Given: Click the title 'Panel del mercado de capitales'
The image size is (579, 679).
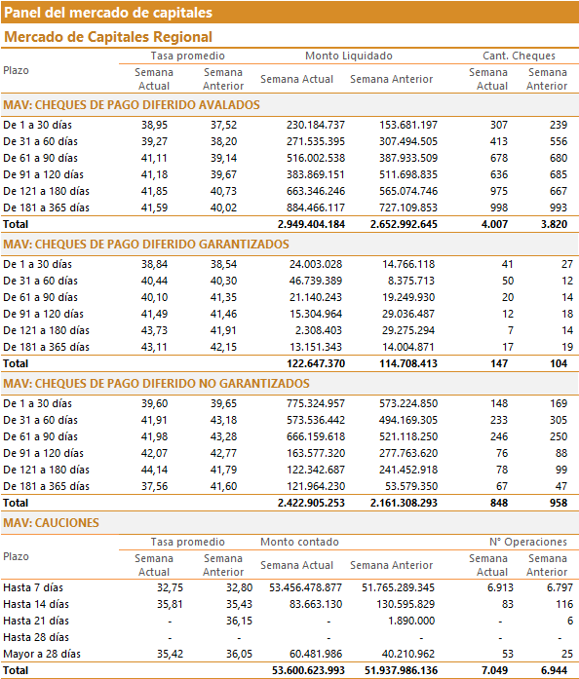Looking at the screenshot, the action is tap(108, 13).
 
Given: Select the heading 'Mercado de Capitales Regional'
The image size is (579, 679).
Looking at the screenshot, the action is tap(108, 37).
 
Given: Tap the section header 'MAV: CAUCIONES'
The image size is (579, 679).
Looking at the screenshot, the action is tap(51, 523).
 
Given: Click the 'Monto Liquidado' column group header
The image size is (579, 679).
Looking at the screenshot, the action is tap(349, 56).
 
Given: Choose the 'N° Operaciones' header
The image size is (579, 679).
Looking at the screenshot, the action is tap(528, 542).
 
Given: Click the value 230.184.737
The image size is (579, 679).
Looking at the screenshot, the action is tap(316, 125).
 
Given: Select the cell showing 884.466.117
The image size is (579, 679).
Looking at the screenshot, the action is tap(316, 207).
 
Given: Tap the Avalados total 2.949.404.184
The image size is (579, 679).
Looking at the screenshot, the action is tap(311, 224).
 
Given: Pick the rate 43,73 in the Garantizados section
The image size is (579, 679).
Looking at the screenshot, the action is tap(154, 330).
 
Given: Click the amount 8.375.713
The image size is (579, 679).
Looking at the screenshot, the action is tap(410, 281).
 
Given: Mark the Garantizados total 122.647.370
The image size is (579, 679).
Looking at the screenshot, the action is tap(316, 363).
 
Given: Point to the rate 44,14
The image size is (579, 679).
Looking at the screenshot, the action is tap(154, 470).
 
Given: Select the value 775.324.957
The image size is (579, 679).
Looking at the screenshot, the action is tap(316, 403).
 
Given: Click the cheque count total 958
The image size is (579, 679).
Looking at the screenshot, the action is tap(559, 503).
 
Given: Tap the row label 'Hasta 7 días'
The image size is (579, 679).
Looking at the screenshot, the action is tap(33, 587).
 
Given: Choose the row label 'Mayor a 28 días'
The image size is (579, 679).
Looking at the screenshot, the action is tap(42, 654).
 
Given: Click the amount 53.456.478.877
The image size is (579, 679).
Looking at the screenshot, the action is tap(305, 587).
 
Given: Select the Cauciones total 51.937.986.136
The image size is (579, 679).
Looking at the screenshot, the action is tap(401, 670).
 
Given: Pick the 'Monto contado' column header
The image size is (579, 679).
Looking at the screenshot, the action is tap(299, 542).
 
